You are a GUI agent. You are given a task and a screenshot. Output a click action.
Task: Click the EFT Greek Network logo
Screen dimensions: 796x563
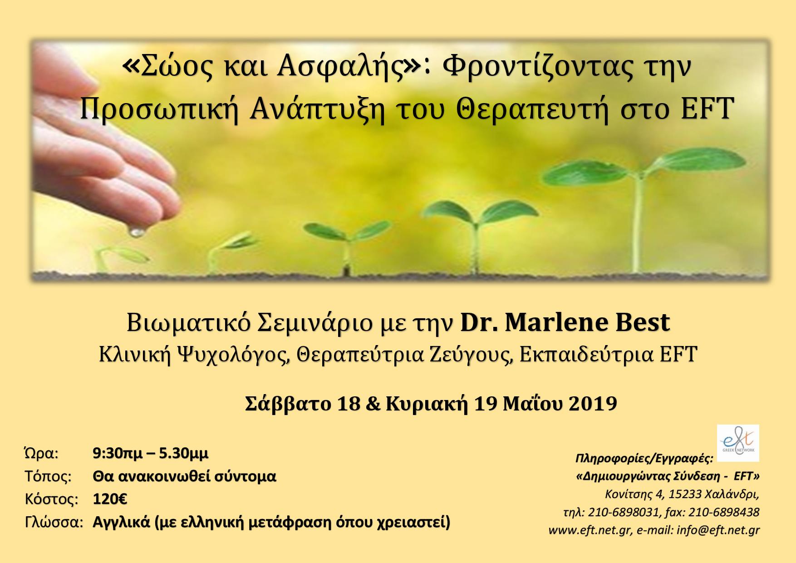coord(737,443)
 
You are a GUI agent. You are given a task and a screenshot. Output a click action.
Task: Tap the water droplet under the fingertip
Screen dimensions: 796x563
coord(135,232)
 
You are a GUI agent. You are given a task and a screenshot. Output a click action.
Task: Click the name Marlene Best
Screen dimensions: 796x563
coord(588,323)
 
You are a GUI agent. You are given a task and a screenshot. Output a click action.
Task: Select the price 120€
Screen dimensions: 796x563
coord(110,499)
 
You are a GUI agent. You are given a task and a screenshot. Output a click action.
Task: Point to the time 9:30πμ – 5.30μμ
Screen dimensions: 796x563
coord(151,453)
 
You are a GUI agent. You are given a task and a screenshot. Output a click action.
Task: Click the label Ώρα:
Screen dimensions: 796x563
coord(40,454)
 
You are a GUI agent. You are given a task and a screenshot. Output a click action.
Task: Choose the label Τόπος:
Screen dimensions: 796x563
coord(48,477)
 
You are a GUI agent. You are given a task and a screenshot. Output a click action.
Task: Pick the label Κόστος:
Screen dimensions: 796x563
coord(51,499)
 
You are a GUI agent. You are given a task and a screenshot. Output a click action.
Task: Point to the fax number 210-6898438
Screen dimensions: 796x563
coord(724,512)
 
